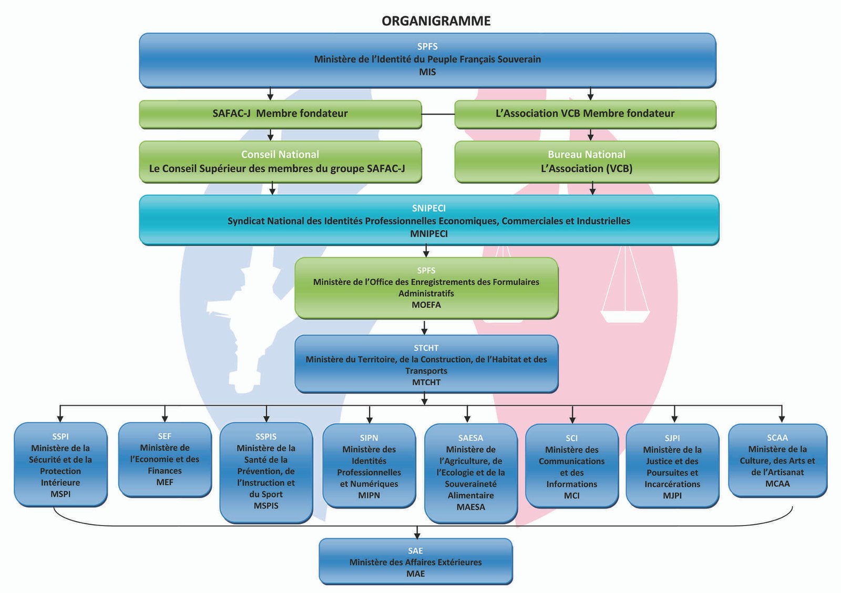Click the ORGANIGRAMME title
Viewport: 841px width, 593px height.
[436, 21]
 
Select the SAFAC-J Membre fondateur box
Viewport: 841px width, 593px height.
[280, 114]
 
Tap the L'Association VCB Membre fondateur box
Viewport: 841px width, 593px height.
[585, 114]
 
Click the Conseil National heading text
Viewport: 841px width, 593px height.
[280, 154]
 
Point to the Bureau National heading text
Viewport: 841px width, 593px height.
[587, 154]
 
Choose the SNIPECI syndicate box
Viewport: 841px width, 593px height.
[429, 220]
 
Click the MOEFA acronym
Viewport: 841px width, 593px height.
[426, 305]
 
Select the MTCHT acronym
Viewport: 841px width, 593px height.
[426, 382]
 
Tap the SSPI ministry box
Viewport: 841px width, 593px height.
[60, 464]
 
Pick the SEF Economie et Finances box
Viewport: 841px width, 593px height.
[165, 460]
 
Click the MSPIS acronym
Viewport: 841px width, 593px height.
[266, 506]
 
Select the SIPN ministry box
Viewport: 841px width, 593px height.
[369, 466]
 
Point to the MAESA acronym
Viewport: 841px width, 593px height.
[470, 507]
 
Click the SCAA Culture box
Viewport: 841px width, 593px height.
[777, 461]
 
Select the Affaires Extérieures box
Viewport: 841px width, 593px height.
[415, 562]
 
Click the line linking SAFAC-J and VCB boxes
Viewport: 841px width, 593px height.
[438, 114]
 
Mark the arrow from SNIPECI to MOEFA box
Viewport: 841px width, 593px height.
[426, 252]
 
